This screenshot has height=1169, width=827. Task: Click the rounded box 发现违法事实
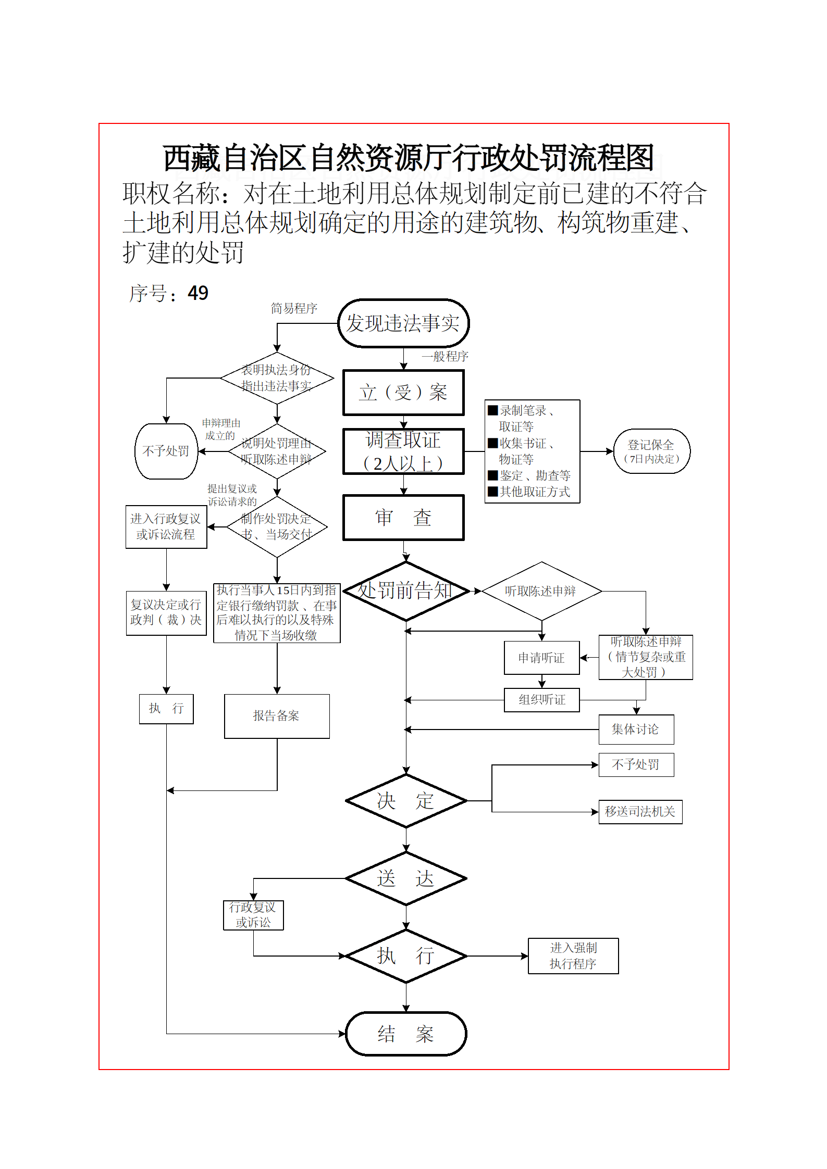[403, 323]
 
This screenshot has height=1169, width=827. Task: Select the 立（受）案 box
[403, 393]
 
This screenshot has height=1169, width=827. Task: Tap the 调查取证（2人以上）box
[403, 451]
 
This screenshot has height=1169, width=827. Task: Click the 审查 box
[403, 518]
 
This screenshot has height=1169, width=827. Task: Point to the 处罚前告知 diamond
[406, 591]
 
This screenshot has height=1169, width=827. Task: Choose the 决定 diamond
[406, 801]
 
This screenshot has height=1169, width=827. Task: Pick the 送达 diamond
[406, 878]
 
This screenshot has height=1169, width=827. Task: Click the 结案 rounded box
[406, 1034]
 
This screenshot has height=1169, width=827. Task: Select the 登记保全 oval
[651, 451]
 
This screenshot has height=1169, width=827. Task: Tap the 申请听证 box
[541, 658]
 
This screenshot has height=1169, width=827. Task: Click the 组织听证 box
[541, 700]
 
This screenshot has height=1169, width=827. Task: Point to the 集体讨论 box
[636, 730]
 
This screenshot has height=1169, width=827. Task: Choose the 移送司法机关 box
[640, 812]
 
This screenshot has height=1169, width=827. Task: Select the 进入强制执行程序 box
[573, 956]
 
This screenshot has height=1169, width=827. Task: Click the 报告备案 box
[277, 716]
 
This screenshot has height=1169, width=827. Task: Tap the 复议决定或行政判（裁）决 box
[166, 613]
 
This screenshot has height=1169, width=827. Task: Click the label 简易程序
[294, 309]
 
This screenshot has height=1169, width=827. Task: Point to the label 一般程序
[445, 357]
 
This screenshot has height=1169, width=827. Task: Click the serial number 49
[198, 293]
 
